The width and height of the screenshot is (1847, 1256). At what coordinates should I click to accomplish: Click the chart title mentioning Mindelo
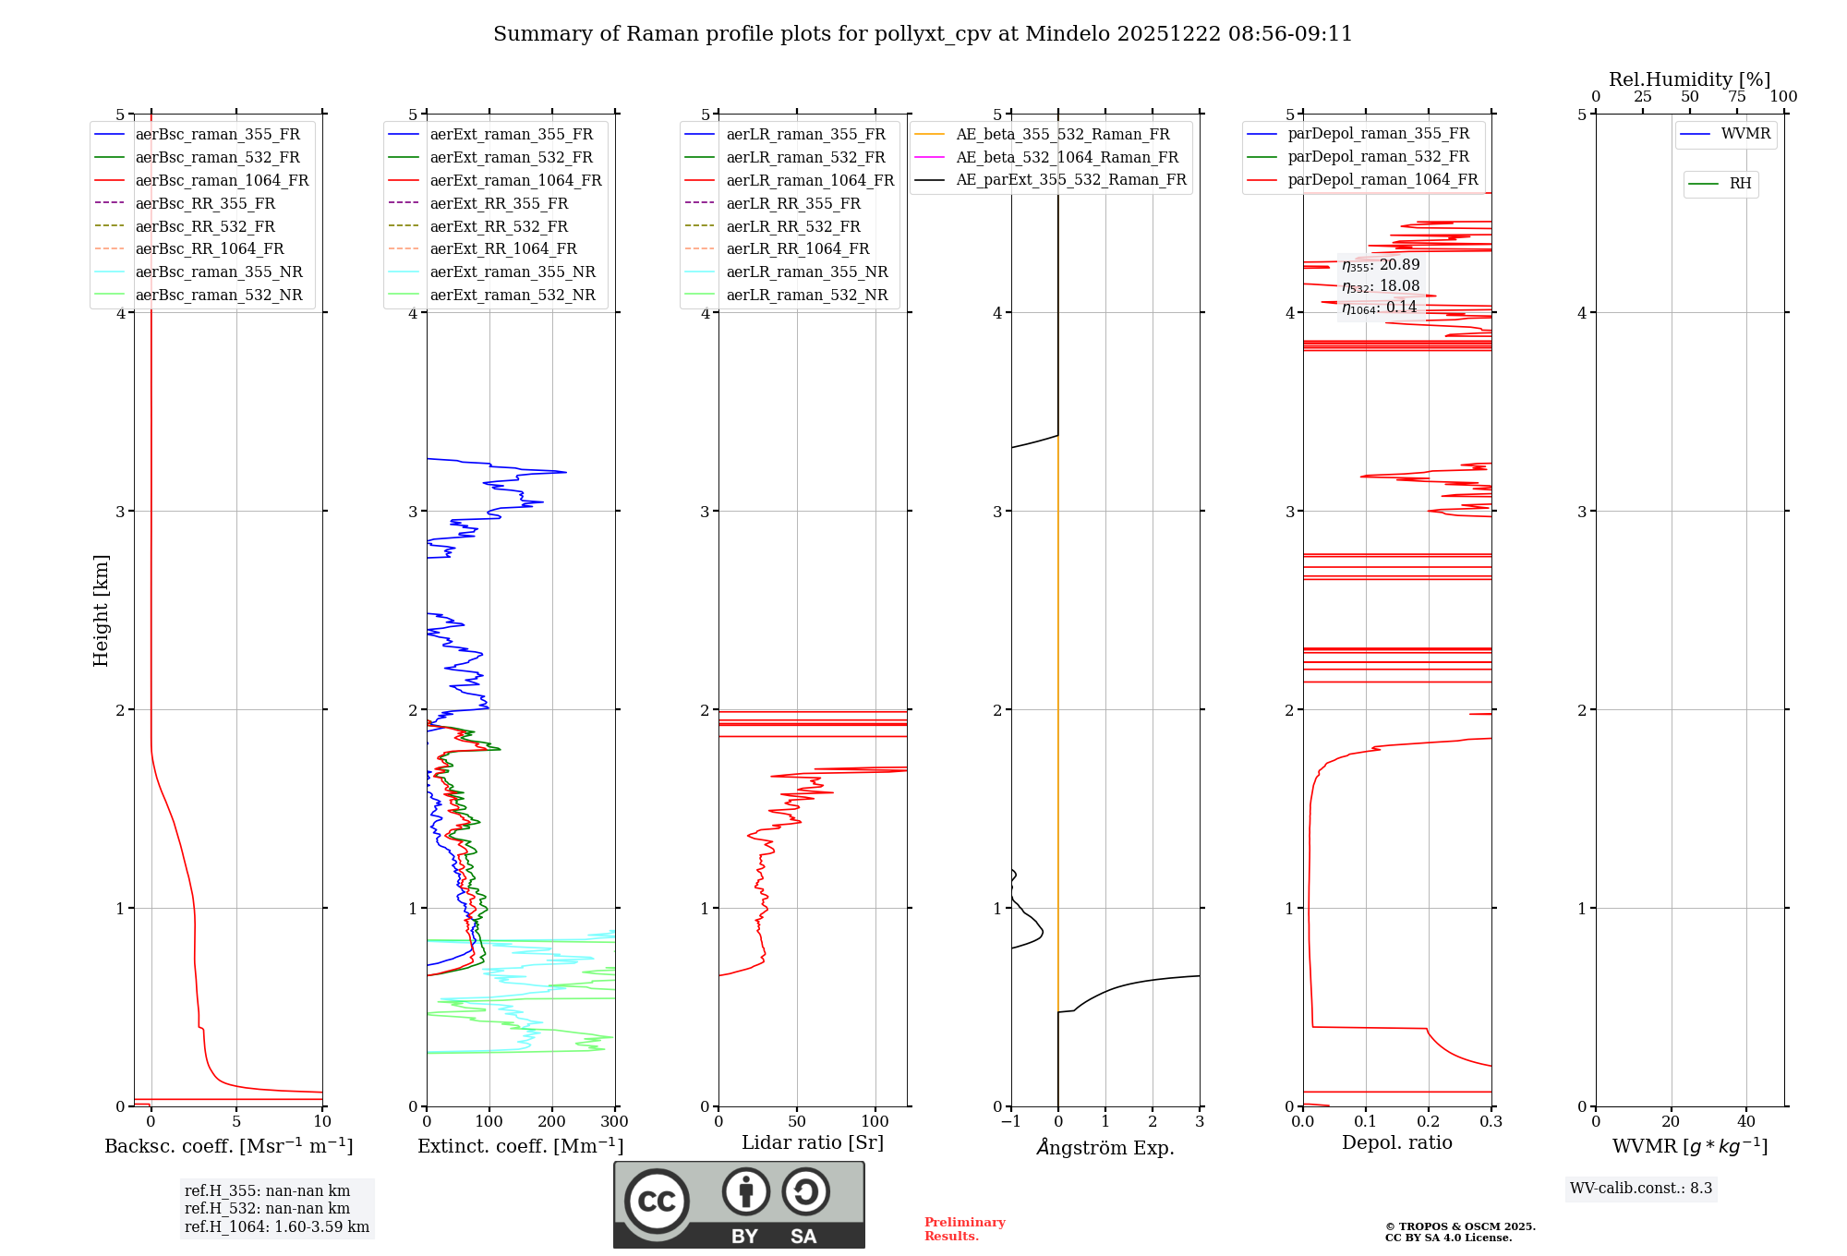[923, 34]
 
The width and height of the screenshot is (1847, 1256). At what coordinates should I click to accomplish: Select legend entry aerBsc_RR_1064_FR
[209, 249]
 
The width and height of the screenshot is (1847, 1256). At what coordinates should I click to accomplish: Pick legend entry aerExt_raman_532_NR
[512, 296]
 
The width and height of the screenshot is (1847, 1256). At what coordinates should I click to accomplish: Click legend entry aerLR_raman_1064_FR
[809, 181]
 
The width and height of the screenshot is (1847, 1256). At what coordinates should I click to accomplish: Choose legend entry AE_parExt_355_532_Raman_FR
[1070, 180]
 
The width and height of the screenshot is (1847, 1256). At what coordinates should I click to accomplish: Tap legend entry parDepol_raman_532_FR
[1377, 157]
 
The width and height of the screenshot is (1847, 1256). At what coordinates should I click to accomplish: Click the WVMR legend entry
[1744, 135]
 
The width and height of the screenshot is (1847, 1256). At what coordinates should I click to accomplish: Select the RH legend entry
[1739, 184]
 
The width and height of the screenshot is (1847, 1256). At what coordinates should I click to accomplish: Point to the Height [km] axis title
[101, 610]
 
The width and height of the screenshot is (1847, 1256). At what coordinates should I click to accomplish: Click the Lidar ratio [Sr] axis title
[813, 1143]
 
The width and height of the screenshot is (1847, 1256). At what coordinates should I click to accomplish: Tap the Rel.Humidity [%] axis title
[1689, 79]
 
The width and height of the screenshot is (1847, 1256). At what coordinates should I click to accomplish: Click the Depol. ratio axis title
[1396, 1143]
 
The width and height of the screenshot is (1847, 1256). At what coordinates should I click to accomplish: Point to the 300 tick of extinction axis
[614, 1122]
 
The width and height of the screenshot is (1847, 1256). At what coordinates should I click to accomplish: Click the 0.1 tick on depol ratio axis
[1365, 1122]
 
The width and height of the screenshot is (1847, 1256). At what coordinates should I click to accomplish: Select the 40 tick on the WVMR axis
[1745, 1122]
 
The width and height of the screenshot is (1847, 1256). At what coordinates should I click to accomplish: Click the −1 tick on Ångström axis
[1010, 1122]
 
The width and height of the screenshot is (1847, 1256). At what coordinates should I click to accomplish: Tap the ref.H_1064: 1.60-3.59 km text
[276, 1227]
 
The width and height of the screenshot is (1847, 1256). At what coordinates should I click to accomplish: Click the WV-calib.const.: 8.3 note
[1640, 1189]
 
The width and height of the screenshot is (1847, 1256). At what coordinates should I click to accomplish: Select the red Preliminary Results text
[964, 1229]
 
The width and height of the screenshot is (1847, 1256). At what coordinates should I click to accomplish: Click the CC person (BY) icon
[745, 1192]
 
